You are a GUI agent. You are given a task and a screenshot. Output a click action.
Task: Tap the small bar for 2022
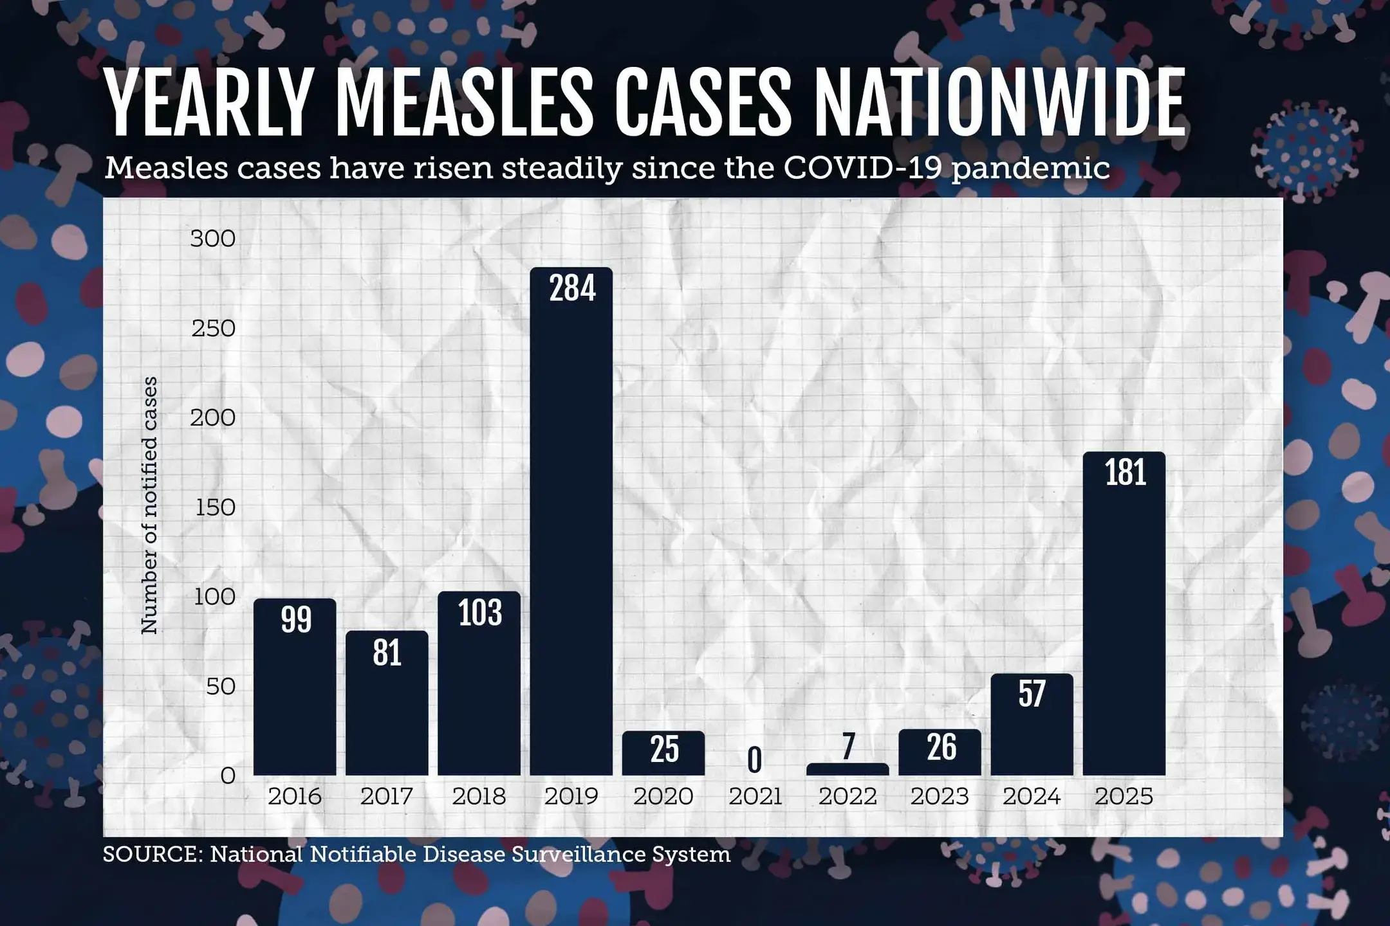click(x=847, y=769)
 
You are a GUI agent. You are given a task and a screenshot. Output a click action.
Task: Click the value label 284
click(x=572, y=289)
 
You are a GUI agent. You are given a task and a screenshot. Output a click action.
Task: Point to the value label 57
click(x=1032, y=694)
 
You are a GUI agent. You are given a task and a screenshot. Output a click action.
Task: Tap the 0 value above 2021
click(x=755, y=761)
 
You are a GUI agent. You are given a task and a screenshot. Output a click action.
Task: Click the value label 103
click(x=479, y=613)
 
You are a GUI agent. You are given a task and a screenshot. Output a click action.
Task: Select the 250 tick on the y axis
click(x=213, y=329)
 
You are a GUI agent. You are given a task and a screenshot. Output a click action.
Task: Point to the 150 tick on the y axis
click(x=215, y=508)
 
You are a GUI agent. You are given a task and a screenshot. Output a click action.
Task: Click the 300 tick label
click(x=212, y=239)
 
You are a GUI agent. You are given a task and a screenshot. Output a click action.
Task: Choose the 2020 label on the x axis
click(x=663, y=797)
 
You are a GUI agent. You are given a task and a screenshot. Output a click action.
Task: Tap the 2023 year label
click(x=940, y=797)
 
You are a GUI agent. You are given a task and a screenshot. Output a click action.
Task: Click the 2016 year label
click(x=295, y=797)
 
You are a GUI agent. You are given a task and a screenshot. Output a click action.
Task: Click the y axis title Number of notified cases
click(x=149, y=505)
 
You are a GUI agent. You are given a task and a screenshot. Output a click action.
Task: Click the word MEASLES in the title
click(x=464, y=103)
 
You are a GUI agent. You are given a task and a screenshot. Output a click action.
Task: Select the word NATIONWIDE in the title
click(x=997, y=103)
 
